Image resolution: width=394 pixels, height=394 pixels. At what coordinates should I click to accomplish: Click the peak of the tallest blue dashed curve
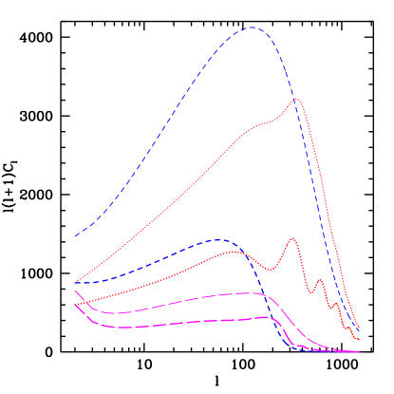tap(252, 28)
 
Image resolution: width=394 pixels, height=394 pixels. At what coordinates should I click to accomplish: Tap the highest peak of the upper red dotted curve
tap(296, 99)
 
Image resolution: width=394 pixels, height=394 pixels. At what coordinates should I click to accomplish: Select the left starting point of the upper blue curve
tap(74, 236)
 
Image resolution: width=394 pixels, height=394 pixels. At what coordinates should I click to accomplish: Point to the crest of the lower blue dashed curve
tap(220, 239)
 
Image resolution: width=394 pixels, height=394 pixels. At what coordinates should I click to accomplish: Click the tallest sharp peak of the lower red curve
tap(291, 238)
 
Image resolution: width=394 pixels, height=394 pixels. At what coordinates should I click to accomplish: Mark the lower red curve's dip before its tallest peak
tap(270, 270)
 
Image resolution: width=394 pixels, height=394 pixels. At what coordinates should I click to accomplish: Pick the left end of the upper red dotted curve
tap(74, 283)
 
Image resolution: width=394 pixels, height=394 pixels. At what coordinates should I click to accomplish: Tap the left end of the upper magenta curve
tap(74, 291)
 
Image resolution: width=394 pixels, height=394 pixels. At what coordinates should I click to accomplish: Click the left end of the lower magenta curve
tap(74, 305)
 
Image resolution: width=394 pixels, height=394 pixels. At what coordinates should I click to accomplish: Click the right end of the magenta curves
tap(359, 351)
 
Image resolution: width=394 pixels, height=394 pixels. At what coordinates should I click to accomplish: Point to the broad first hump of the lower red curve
tap(231, 252)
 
